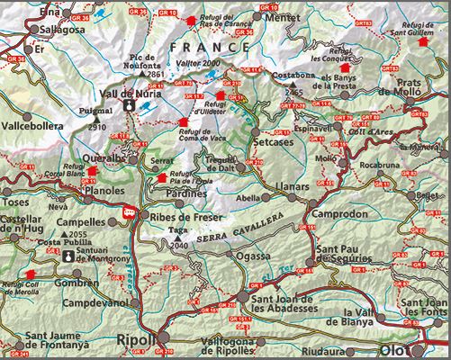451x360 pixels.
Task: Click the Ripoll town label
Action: [136, 341]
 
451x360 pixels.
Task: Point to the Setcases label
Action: [274, 142]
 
